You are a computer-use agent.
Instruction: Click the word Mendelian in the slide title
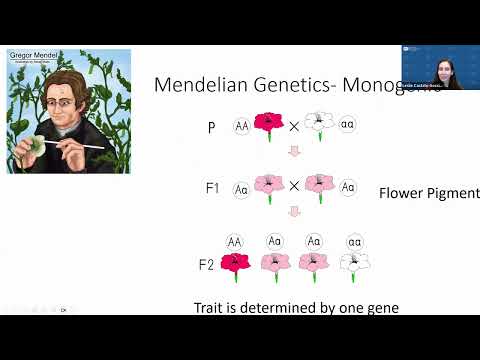[198, 85]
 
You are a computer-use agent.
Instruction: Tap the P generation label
[211, 127]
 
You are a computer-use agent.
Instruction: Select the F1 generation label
[211, 187]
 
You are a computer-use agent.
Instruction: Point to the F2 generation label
[205, 265]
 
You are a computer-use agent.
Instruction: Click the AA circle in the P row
[242, 126]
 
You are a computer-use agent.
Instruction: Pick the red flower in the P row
[268, 124]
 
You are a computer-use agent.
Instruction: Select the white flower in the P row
[319, 123]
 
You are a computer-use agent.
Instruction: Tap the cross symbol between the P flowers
[294, 126]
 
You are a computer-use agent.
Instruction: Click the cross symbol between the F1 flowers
[294, 186]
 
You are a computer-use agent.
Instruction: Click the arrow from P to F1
[293, 152]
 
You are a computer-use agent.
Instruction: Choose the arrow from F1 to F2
[293, 212]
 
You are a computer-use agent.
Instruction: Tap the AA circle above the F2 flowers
[235, 241]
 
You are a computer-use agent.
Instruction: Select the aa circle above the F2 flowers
[355, 241]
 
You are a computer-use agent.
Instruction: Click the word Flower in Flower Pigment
[403, 192]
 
